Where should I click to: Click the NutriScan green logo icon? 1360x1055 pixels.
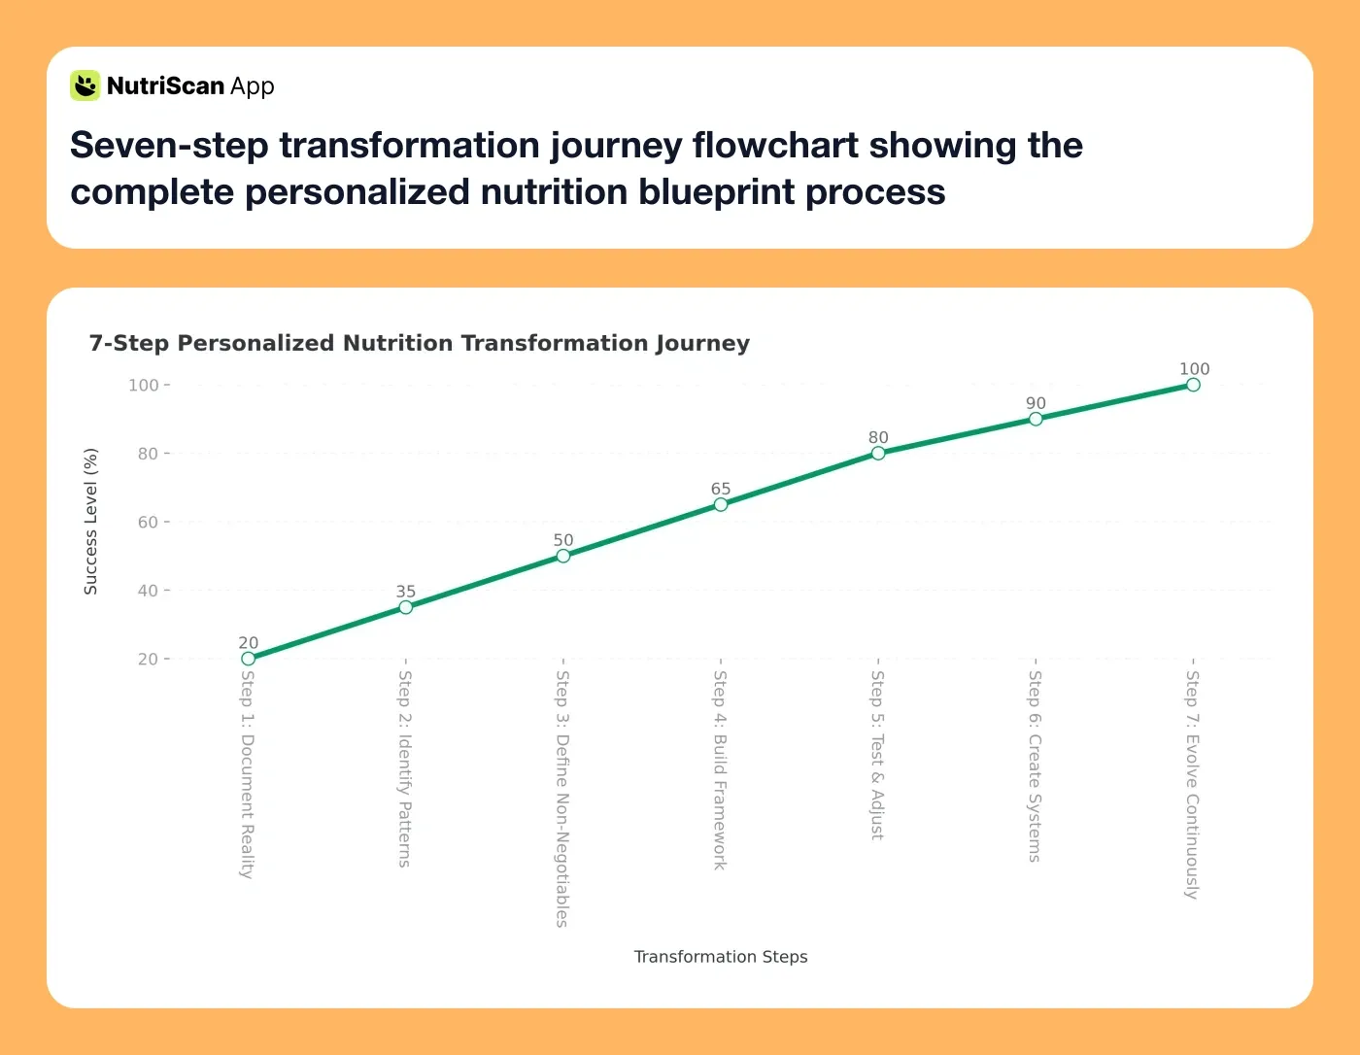(x=85, y=85)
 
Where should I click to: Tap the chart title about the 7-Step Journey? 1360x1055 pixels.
(x=419, y=343)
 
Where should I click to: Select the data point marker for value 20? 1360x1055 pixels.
(x=249, y=659)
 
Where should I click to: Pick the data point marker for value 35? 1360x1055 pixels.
(x=406, y=607)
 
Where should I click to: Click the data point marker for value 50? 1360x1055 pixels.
(x=563, y=556)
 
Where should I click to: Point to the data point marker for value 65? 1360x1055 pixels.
(x=721, y=504)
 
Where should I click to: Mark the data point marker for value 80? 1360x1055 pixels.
(x=878, y=453)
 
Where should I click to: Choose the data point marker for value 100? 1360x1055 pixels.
(x=1193, y=385)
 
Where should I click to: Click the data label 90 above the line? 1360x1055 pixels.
(x=1036, y=403)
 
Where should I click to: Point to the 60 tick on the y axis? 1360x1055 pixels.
(x=147, y=522)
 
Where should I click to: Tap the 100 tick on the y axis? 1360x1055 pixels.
(x=143, y=385)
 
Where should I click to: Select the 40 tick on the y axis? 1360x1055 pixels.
(x=147, y=590)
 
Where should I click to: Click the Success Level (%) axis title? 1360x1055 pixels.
(x=90, y=522)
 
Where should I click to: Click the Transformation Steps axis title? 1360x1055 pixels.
(x=720, y=957)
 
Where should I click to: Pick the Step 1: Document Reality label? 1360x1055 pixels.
(x=248, y=774)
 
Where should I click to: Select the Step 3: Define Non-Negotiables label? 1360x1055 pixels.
(x=562, y=799)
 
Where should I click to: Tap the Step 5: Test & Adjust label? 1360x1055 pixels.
(x=877, y=755)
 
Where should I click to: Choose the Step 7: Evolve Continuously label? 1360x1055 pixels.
(x=1192, y=785)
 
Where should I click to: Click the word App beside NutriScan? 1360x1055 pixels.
(x=253, y=86)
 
